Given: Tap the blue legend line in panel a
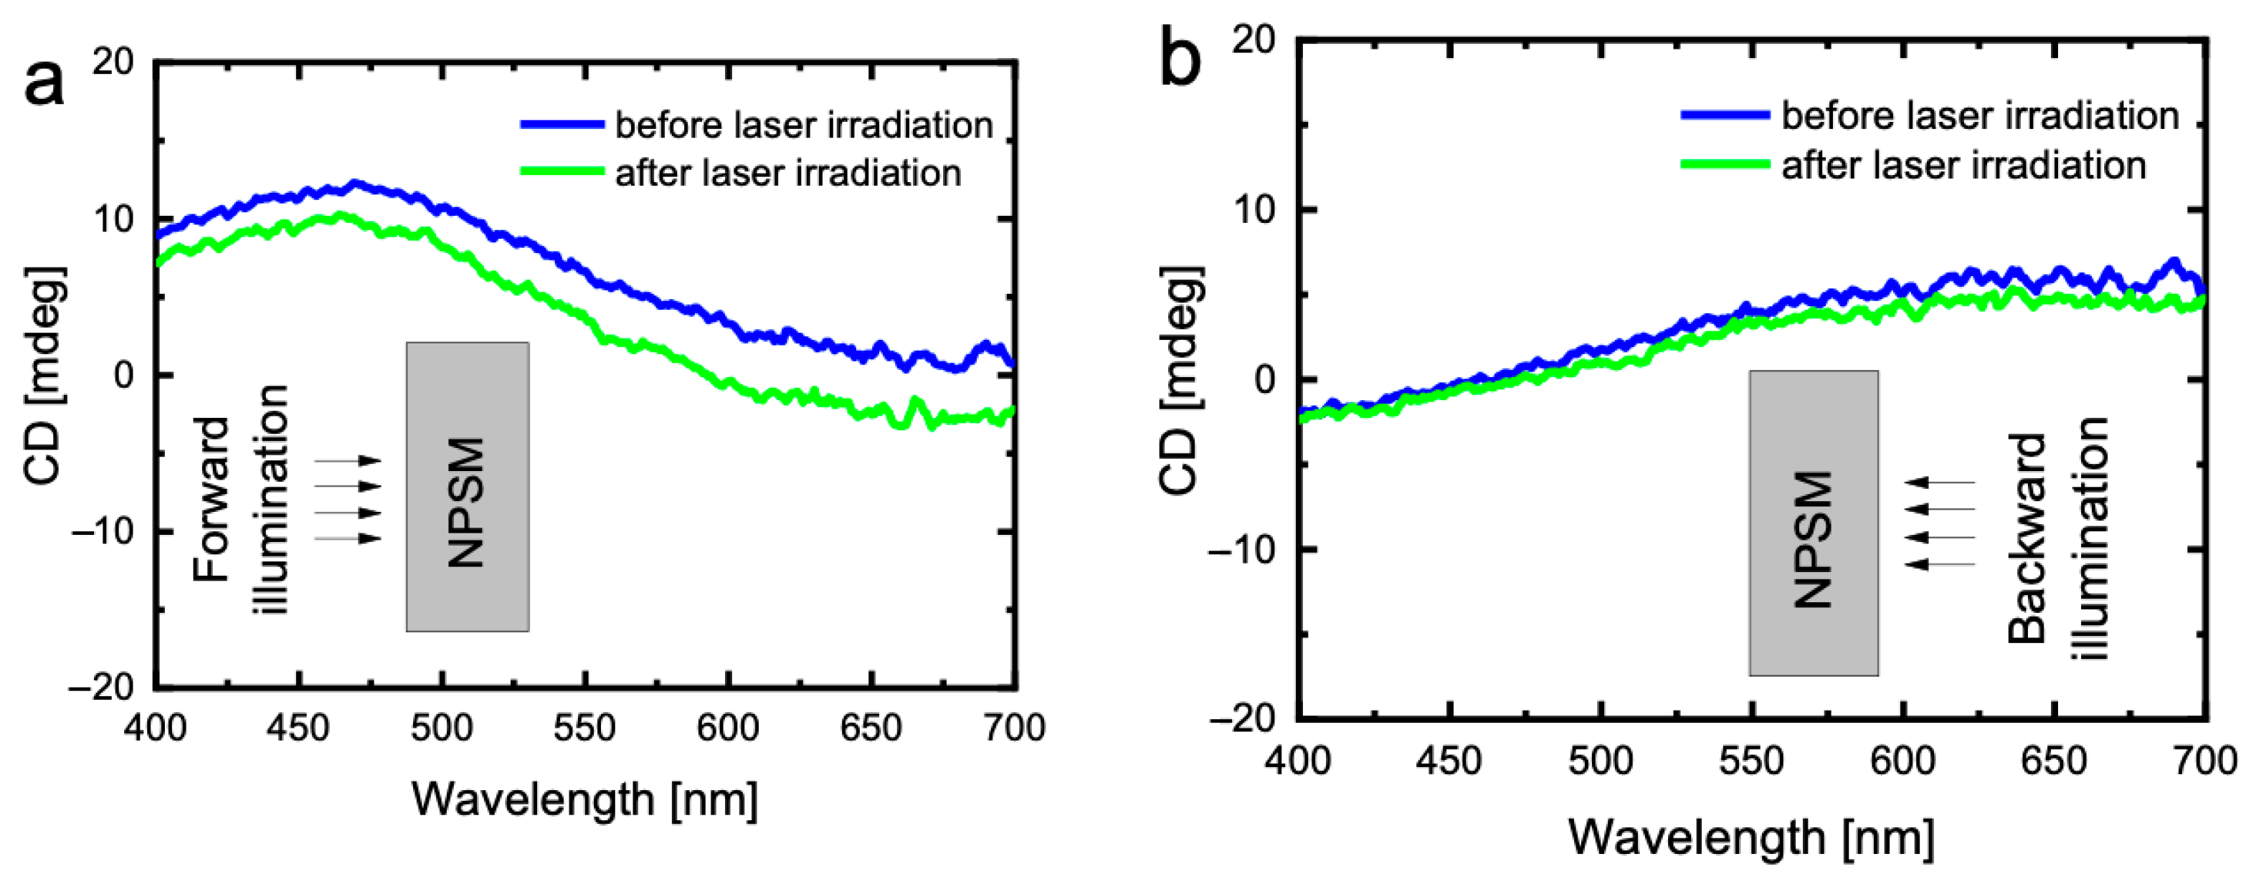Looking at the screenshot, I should click(562, 125).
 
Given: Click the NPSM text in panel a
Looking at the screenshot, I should click(465, 503).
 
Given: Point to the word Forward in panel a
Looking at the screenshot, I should click(212, 500).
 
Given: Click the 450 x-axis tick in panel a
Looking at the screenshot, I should click(299, 728).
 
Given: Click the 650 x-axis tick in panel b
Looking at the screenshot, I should click(2054, 761).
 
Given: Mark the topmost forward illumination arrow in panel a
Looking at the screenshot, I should click(348, 460).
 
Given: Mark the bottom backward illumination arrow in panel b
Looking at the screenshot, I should click(1939, 564).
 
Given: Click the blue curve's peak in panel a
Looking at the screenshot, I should click(354, 184).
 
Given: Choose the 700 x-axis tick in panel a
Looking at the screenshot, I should click(1014, 728).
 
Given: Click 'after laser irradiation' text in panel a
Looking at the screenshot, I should click(788, 173).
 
